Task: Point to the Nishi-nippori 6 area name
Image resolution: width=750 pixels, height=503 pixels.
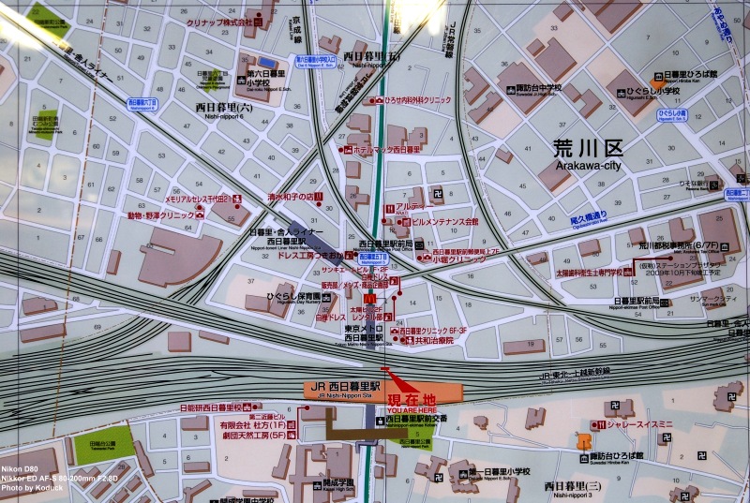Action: (224, 109)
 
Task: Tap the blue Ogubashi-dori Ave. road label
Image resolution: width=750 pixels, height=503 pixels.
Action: (589, 215)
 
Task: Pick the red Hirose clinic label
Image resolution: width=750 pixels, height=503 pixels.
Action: (416, 99)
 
